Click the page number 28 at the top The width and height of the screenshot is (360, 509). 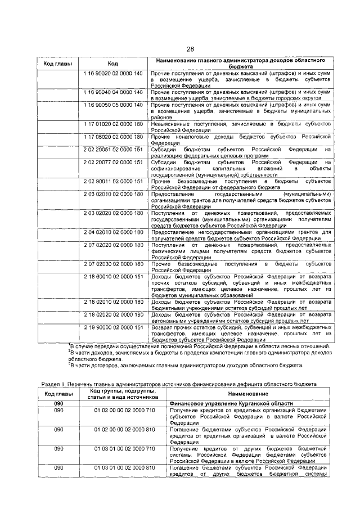point(191,49)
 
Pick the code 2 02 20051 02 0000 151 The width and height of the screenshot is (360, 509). point(112,149)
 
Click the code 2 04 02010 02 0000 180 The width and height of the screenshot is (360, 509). point(112,231)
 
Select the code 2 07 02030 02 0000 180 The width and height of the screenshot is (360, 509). point(112,263)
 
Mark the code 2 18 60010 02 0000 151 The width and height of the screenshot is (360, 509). point(112,277)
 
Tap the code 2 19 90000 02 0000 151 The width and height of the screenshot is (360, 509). point(112,327)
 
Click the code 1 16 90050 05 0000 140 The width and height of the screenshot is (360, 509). point(112,105)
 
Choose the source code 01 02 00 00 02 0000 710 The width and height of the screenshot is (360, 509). point(125,412)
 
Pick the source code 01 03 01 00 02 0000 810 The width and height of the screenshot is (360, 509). point(125,468)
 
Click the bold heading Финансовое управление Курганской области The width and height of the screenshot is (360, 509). point(230,404)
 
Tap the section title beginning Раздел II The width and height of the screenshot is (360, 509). point(179,384)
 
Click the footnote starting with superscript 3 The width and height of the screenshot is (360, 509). point(186,365)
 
